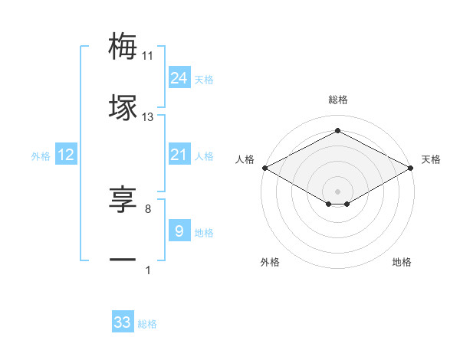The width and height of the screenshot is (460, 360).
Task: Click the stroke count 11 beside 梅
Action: click(148, 56)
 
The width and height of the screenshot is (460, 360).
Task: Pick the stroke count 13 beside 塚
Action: click(148, 117)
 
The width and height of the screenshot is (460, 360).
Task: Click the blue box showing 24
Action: click(179, 77)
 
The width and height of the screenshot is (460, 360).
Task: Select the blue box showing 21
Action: click(179, 155)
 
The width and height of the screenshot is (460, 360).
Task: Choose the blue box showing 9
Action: click(179, 231)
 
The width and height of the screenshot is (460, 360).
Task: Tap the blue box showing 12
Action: click(66, 155)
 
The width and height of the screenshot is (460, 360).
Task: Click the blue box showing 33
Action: click(123, 322)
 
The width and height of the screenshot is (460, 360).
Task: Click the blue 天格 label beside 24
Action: click(204, 79)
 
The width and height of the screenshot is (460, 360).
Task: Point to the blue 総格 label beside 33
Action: click(147, 324)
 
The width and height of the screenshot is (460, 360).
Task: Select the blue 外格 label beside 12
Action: click(41, 156)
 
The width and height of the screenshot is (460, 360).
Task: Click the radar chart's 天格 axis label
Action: click(431, 159)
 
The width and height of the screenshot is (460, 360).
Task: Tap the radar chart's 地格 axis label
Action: click(402, 263)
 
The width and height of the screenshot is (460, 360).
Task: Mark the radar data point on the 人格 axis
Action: click(264, 168)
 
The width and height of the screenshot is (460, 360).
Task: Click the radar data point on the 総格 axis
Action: click(337, 131)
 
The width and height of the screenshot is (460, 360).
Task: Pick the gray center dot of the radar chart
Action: click(337, 191)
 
